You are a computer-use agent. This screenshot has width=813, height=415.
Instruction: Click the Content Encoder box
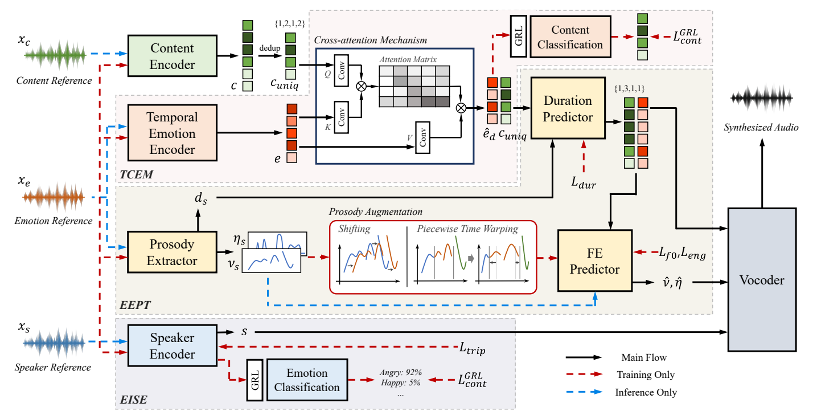point(172,56)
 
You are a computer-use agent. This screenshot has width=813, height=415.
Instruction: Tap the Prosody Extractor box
point(172,253)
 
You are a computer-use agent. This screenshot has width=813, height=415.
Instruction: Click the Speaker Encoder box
point(172,345)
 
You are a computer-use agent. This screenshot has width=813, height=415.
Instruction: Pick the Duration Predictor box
point(568,109)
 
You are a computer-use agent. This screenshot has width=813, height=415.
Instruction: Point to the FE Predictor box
point(594,261)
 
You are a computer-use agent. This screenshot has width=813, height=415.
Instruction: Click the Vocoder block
point(762,280)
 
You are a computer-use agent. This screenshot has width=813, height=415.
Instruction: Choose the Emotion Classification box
point(307,380)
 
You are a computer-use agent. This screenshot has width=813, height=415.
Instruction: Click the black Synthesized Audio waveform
point(761,100)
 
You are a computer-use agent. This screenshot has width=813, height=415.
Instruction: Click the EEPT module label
point(134,305)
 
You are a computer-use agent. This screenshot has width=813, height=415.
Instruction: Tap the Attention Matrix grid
point(414,86)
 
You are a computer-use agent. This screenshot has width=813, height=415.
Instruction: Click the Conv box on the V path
point(422,137)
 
